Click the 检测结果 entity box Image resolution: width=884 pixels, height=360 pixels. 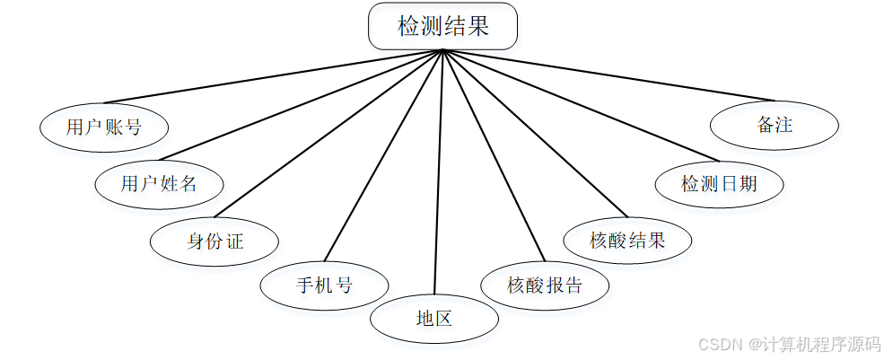coord(442,26)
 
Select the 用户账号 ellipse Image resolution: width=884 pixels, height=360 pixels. coord(104,127)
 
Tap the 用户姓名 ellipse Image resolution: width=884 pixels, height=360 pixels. coord(159,184)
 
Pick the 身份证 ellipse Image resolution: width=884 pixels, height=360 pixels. coord(214,241)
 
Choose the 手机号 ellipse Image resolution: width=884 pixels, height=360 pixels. coord(324,286)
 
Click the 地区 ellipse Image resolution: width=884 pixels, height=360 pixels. coord(433,319)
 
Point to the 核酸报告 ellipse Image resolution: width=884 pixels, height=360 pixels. coord(545,286)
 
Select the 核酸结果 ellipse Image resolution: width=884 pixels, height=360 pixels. coord(627,241)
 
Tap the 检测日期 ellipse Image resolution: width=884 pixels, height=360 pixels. coord(719,184)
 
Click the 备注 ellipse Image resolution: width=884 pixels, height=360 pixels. coord(774,126)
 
